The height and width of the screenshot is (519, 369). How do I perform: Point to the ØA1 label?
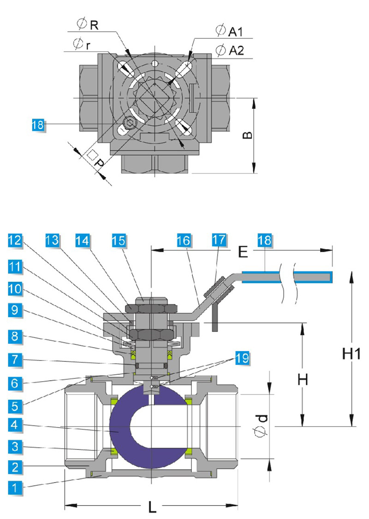pyautogui.click(x=229, y=31)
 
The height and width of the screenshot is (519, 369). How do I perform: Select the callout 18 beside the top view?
pyautogui.click(x=38, y=124)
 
